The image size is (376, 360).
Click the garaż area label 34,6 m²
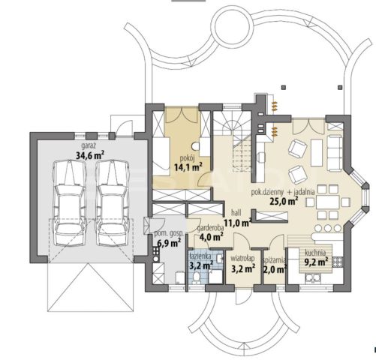click(90, 155)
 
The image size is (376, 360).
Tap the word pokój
click(186, 158)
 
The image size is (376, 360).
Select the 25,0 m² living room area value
click(284, 201)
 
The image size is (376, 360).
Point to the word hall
click(236, 213)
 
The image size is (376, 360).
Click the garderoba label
click(210, 228)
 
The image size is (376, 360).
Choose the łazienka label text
click(200, 256)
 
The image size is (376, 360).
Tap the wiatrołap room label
click(242, 258)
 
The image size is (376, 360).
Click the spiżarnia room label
click(274, 260)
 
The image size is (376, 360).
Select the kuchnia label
click(315, 253)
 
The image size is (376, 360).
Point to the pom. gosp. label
click(169, 233)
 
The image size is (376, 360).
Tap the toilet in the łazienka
click(197, 277)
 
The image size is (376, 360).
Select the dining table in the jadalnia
click(328, 202)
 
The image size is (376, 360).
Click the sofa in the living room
click(335, 153)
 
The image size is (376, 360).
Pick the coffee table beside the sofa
click(317, 153)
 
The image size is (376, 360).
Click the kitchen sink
click(311, 278)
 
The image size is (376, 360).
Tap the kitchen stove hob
click(337, 262)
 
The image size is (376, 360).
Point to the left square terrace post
click(284, 87)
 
